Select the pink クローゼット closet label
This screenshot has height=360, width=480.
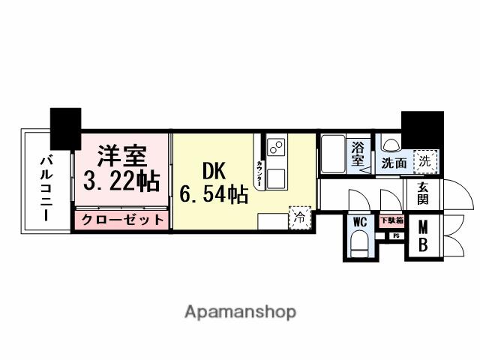[121, 220]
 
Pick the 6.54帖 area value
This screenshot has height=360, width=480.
[214, 194]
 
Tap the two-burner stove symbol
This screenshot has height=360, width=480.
[275, 146]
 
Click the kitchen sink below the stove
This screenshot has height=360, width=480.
[276, 178]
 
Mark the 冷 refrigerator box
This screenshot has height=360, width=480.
[299, 219]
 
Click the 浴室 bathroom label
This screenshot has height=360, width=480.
[358, 154]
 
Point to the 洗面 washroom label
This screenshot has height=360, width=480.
[394, 161]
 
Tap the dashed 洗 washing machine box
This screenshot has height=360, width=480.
[425, 160]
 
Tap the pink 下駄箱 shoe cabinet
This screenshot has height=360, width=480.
[390, 221]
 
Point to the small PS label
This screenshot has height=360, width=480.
[395, 235]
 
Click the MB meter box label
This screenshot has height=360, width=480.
[423, 235]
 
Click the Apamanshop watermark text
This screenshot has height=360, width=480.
[239, 311]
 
